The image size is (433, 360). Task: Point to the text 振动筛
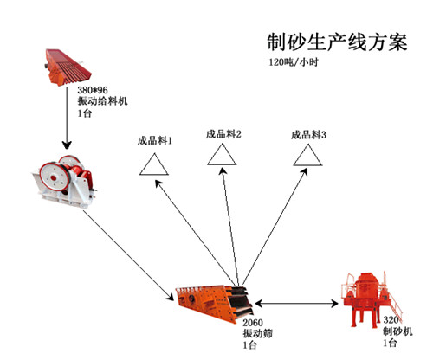click(x=258, y=332)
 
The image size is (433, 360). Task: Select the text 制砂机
click(x=397, y=331)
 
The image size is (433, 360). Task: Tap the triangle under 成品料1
click(x=156, y=164)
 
